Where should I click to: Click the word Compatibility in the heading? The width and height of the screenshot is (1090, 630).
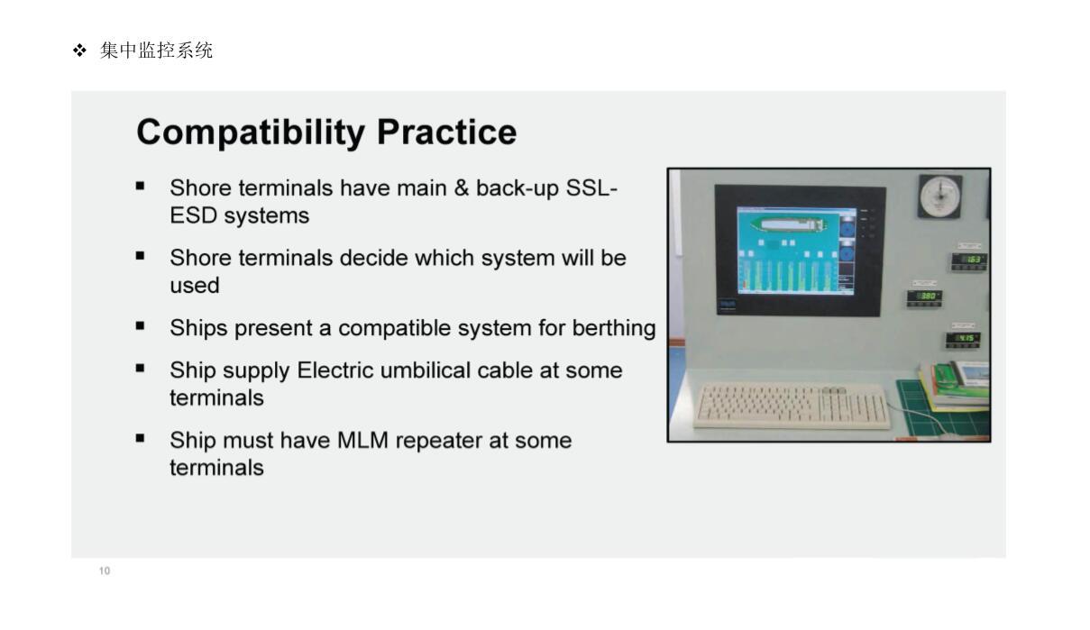coord(251,132)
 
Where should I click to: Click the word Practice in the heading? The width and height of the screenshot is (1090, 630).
coord(446,132)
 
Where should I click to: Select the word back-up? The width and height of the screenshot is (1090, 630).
coord(518,188)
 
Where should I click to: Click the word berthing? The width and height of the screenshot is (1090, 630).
coord(614,328)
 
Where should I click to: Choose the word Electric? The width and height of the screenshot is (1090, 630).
coord(335,370)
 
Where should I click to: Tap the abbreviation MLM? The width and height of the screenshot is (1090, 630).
coord(362,440)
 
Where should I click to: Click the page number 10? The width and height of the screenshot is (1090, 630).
coord(105,571)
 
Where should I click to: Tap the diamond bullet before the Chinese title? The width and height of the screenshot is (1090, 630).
coord(80,50)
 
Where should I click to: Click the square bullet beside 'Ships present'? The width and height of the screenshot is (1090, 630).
coord(140,326)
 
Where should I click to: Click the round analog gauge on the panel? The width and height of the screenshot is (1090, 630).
coord(940,196)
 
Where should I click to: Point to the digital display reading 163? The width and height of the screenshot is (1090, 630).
coord(969,261)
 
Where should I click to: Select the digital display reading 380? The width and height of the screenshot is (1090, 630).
coord(924,297)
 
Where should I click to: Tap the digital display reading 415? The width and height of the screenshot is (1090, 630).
coord(964,340)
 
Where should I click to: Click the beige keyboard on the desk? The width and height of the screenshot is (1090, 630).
coord(792,406)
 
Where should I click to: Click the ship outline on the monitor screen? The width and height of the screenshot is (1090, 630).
coord(789,224)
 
